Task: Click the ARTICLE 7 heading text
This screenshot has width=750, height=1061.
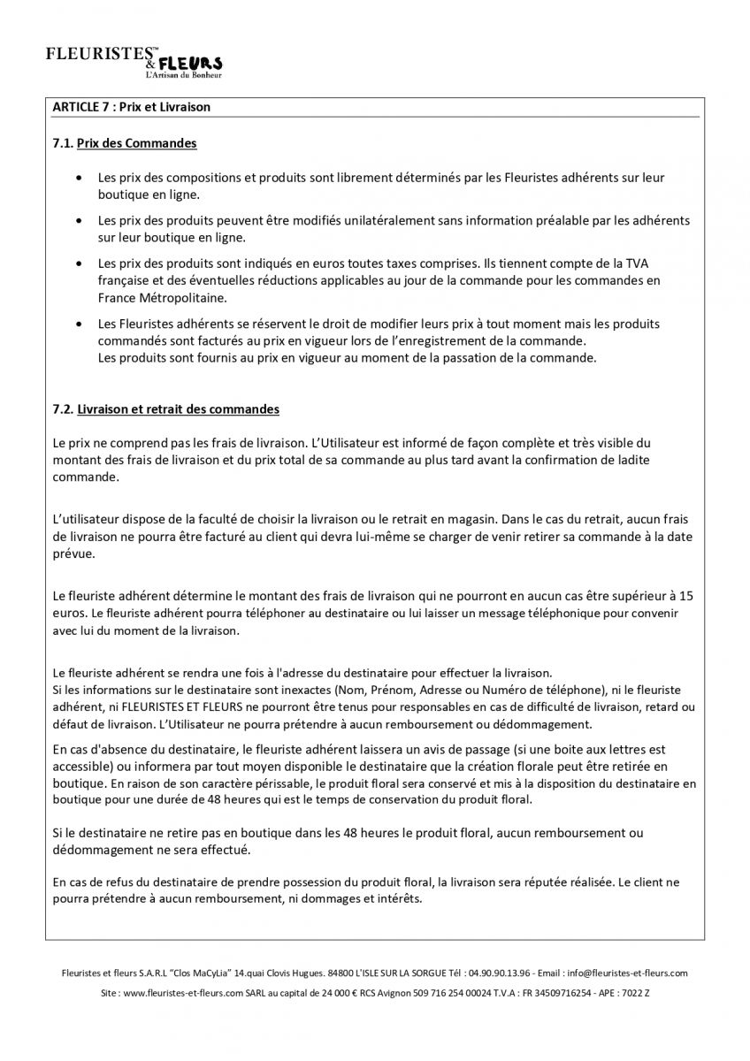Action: [131, 107]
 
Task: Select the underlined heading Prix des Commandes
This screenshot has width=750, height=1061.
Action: [136, 142]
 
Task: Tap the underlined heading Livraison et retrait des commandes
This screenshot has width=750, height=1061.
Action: [178, 409]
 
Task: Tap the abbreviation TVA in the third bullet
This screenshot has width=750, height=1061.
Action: [637, 263]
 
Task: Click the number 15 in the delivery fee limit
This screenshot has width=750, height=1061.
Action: [686, 596]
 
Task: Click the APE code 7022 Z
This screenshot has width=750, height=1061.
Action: [634, 994]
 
